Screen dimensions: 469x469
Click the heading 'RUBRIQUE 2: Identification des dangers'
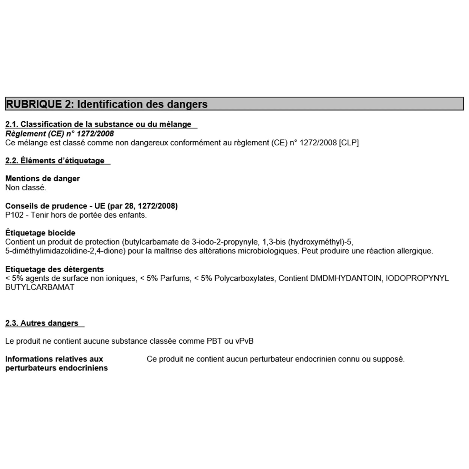click(107, 104)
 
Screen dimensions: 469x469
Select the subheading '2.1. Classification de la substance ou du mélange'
click(98, 124)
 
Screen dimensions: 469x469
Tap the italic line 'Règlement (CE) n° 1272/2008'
click(59, 134)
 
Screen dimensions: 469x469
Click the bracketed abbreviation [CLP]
click(349, 143)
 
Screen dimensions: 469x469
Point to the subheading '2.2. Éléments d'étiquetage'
click(55, 160)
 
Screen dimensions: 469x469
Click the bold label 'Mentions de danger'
click(43, 179)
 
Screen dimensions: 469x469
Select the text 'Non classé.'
click(26, 188)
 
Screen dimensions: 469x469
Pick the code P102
click(14, 215)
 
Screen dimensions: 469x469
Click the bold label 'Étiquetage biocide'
click(40, 233)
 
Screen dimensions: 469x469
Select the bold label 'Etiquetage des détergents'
click(54, 269)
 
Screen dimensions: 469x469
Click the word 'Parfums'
click(175, 278)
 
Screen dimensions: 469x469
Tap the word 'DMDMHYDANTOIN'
click(346, 278)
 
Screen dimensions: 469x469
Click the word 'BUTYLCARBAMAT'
click(40, 287)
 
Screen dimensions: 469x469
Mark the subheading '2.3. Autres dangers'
click(42, 323)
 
